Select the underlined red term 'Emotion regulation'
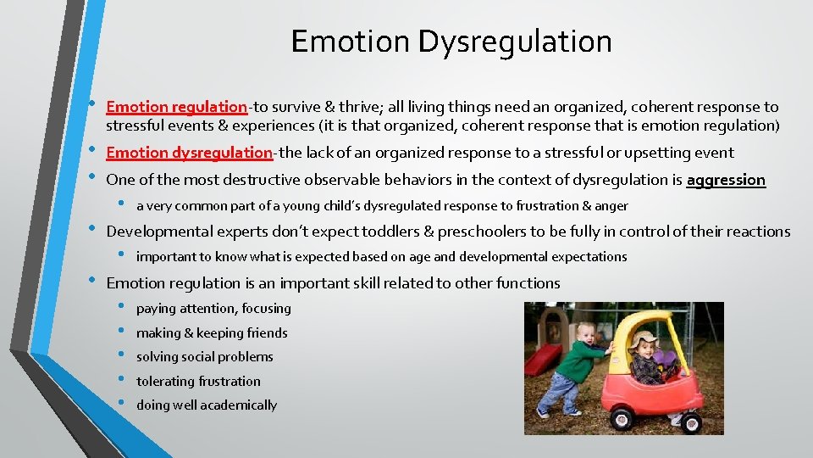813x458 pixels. coord(176,107)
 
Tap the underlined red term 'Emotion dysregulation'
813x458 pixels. coord(189,153)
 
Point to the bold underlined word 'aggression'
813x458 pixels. coord(726,180)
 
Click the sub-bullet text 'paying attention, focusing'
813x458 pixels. coord(213,309)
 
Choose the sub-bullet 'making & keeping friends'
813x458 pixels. coord(212,333)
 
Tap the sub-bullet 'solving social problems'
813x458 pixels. coord(205,357)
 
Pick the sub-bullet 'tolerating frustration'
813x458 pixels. coord(198,382)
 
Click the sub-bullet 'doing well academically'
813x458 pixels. coord(207,405)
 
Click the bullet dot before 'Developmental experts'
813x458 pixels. coord(92,230)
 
